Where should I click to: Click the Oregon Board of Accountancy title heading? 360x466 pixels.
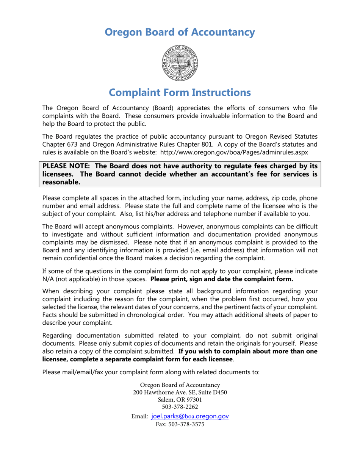point(180,32)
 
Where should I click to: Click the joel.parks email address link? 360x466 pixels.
point(189,416)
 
